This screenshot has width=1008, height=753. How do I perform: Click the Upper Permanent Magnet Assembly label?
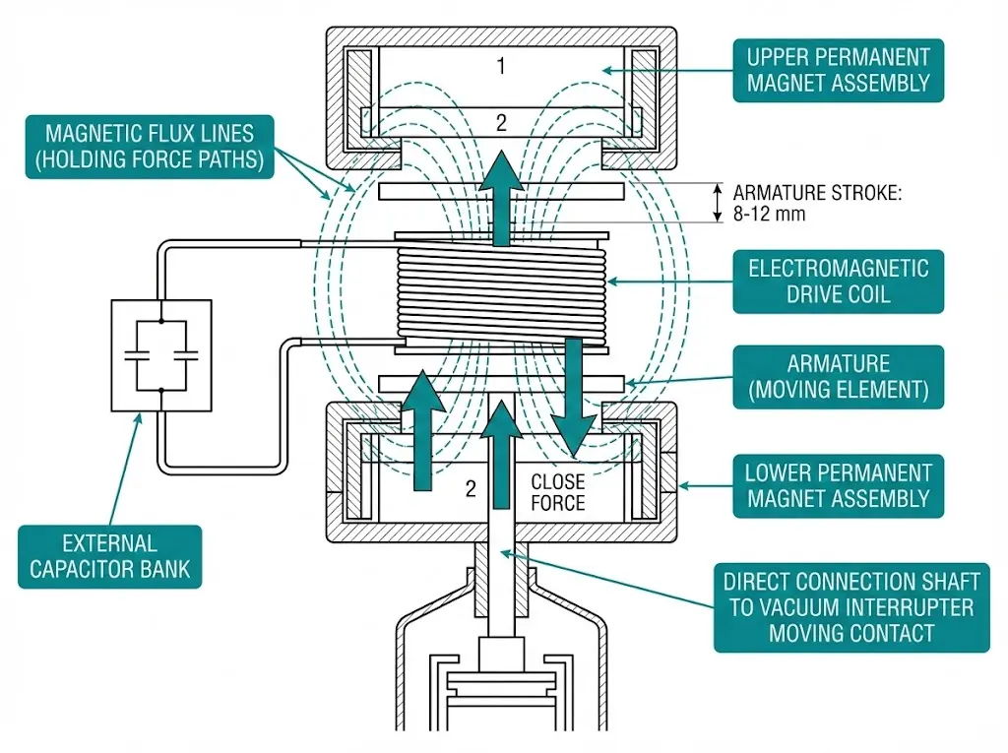[838, 70]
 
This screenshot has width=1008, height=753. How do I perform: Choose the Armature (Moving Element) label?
[838, 377]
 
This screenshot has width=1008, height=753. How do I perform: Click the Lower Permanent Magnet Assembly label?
[838, 486]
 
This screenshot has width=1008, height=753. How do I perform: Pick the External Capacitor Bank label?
[109, 556]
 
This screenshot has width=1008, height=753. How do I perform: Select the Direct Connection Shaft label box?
[850, 605]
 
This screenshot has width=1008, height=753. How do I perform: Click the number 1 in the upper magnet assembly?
[500, 67]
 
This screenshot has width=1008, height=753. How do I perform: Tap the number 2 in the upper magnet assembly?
[500, 122]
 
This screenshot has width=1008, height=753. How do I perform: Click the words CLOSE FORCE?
[558, 492]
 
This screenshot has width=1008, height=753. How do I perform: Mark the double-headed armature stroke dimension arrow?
[717, 203]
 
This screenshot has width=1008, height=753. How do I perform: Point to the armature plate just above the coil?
[501, 190]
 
